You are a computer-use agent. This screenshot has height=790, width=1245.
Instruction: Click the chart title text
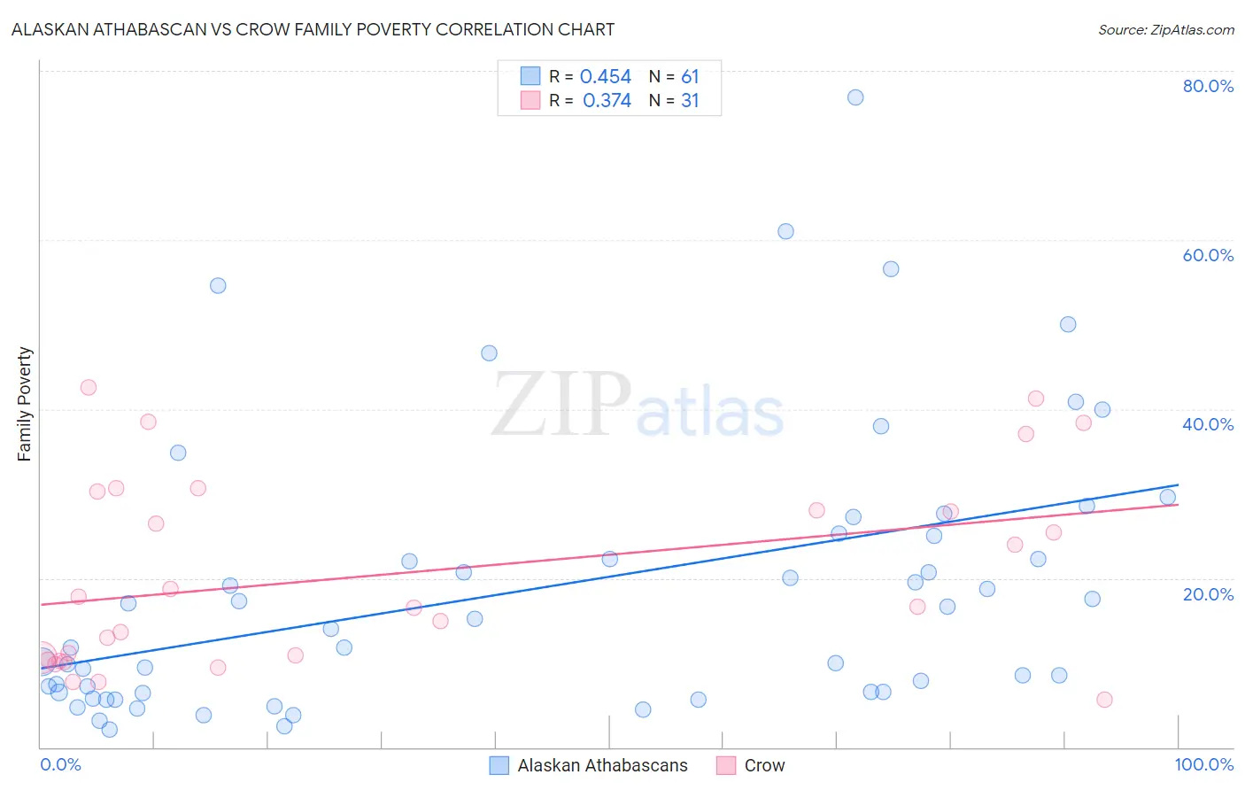pyautogui.click(x=313, y=29)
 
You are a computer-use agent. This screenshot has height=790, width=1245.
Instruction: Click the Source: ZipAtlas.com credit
pyautogui.click(x=1165, y=29)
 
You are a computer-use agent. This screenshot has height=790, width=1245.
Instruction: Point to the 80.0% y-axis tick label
pyautogui.click(x=1208, y=86)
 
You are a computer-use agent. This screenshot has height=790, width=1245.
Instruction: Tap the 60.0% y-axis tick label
pyautogui.click(x=1208, y=255)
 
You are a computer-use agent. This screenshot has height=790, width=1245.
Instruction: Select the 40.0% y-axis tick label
pyautogui.click(x=1208, y=424)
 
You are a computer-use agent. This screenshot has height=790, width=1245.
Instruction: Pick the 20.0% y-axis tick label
pyautogui.click(x=1208, y=594)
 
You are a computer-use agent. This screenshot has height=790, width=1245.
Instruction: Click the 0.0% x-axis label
pyautogui.click(x=60, y=764)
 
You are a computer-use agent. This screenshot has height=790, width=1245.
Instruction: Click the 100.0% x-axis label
pyautogui.click(x=1203, y=764)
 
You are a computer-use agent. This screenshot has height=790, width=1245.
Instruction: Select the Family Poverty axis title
pyautogui.click(x=25, y=404)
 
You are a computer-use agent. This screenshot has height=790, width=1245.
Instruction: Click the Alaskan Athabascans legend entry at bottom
pyautogui.click(x=602, y=765)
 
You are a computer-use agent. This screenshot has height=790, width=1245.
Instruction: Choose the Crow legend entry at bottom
pyautogui.click(x=764, y=765)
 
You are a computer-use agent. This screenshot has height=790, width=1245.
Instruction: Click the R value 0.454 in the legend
pyautogui.click(x=606, y=77)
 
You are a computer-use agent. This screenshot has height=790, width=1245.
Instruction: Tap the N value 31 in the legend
pyautogui.click(x=690, y=101)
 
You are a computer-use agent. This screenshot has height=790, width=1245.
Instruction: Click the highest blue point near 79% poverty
pyautogui.click(x=855, y=97)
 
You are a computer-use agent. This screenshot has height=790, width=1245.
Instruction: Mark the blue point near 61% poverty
pyautogui.click(x=785, y=231)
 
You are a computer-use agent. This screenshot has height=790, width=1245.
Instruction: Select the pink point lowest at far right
pyautogui.click(x=1104, y=700)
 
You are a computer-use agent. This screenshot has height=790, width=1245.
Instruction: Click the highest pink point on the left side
pyautogui.click(x=89, y=387)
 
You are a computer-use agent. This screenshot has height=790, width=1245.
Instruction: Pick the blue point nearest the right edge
pyautogui.click(x=1168, y=497)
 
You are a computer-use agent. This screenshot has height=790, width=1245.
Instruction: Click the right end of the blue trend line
pyautogui.click(x=1178, y=485)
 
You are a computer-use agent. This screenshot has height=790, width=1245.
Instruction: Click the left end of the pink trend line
pyautogui.click(x=41, y=604)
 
